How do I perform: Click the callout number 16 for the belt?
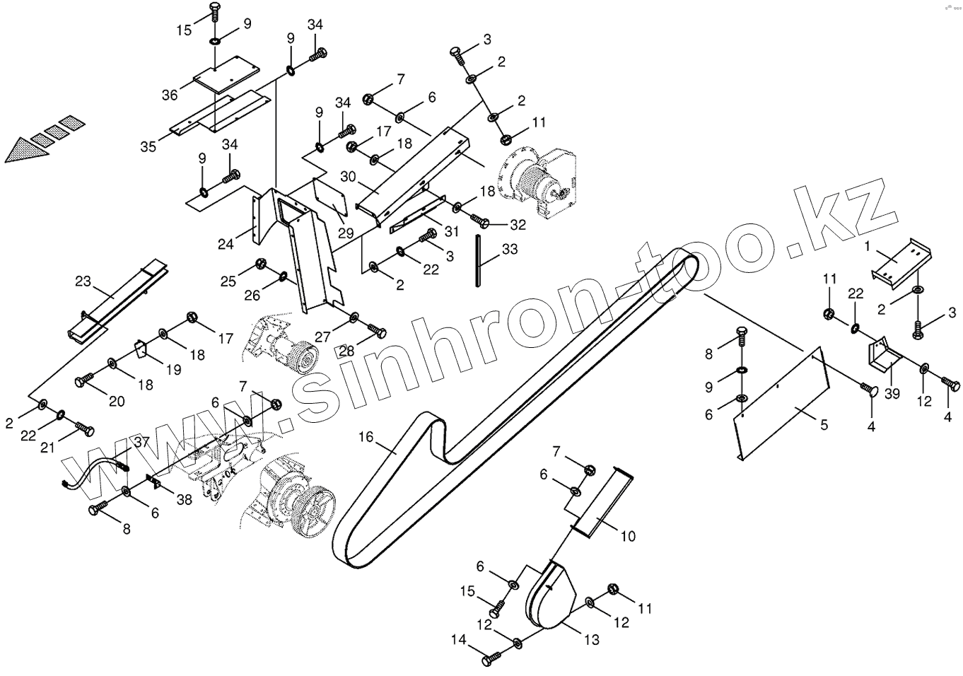(365, 438)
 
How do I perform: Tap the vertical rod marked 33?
(479, 260)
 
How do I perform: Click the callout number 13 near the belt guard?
(592, 639)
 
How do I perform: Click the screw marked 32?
(479, 223)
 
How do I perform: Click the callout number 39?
(892, 394)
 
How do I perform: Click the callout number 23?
(83, 281)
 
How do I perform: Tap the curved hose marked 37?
(95, 472)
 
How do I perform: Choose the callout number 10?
(628, 537)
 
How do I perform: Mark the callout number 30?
(347, 176)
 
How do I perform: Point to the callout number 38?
(184, 500)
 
